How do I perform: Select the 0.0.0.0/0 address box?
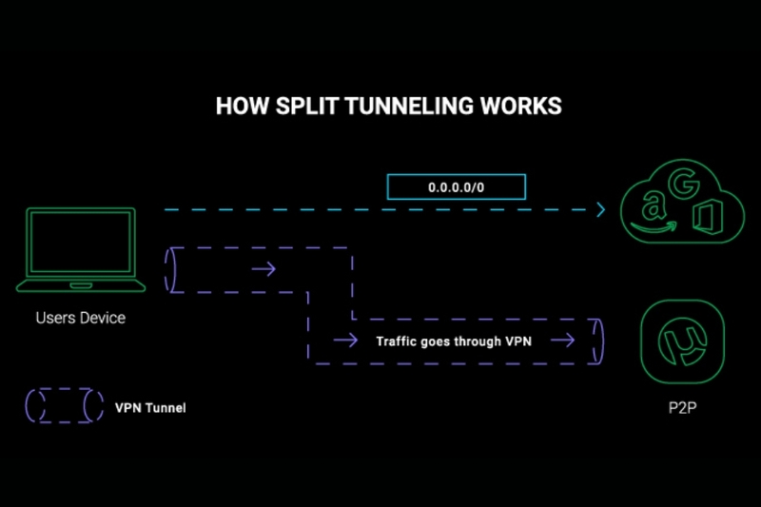[x=456, y=187]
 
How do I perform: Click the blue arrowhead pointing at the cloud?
[x=600, y=208]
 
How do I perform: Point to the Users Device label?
[x=80, y=318]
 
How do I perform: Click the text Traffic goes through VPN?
[x=454, y=341]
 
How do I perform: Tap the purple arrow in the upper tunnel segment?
[x=263, y=270]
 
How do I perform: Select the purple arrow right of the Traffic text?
[x=563, y=341]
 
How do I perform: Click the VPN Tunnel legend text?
[x=150, y=407]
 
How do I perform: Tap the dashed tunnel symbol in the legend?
[x=64, y=406]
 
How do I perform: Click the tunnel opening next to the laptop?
[x=172, y=270]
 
